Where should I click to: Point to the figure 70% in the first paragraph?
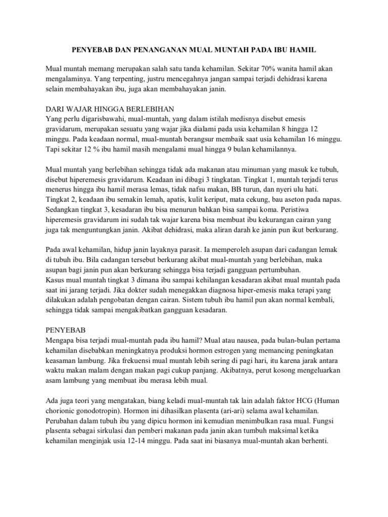tap(261, 68)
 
